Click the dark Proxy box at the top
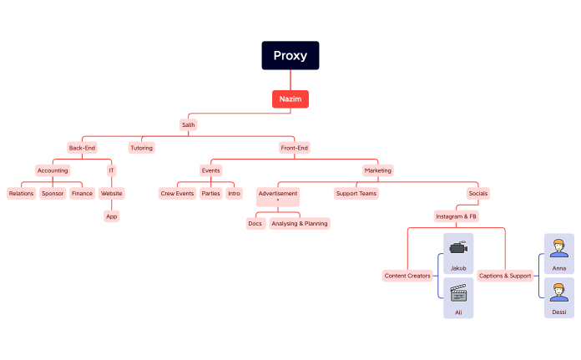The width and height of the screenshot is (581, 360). [x=290, y=56]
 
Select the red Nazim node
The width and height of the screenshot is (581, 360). [x=290, y=99]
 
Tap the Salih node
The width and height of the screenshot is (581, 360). [x=189, y=124]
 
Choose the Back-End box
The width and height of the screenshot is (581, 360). [x=82, y=148]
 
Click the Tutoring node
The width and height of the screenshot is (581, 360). [x=142, y=148]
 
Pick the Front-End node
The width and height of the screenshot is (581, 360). [x=295, y=148]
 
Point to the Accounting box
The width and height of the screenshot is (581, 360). [x=53, y=170]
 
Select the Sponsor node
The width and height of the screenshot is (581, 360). [x=53, y=193]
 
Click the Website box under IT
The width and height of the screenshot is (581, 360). [x=111, y=193]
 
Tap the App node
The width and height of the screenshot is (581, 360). [x=111, y=216]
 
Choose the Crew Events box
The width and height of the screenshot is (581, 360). [x=177, y=193]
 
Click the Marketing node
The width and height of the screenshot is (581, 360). [x=377, y=170]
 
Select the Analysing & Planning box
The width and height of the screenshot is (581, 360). [x=299, y=223]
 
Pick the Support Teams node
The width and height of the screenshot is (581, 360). [x=356, y=193]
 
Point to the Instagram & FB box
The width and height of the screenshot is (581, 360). [x=456, y=216]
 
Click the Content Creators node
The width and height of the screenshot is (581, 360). [x=407, y=276]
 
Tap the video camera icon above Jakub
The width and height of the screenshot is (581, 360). [x=457, y=247]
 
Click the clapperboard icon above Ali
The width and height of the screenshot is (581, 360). [x=457, y=293]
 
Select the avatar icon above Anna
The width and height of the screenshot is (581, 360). [x=559, y=247]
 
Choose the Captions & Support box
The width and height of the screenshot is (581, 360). [x=505, y=276]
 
